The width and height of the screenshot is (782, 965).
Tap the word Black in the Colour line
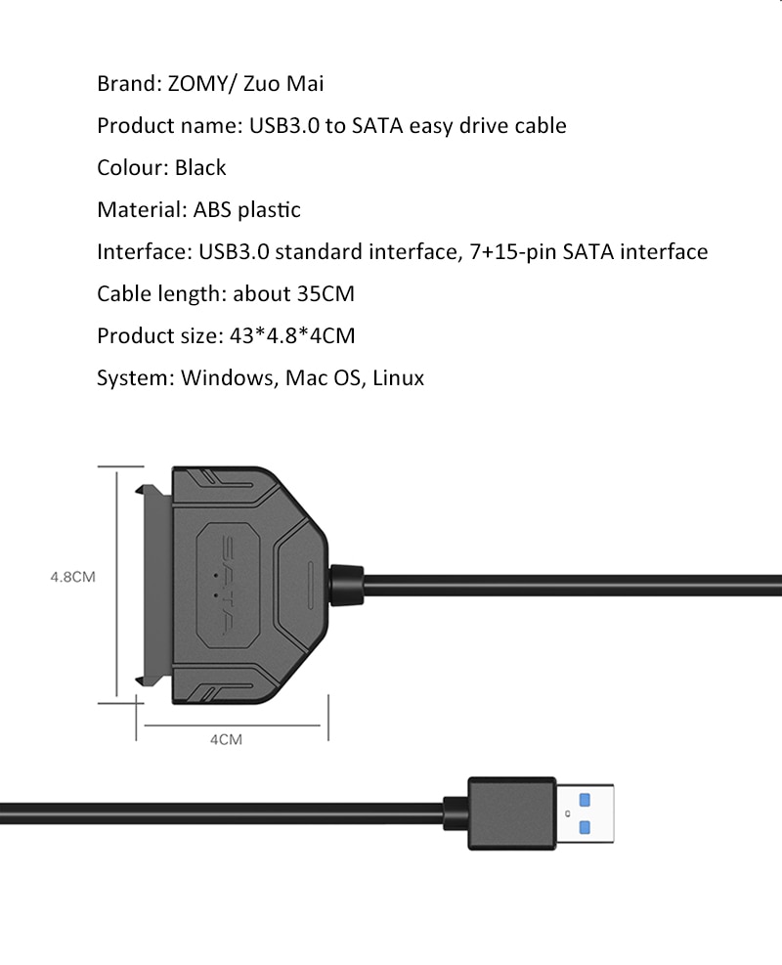[200, 167]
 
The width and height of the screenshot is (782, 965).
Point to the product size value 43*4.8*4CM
[289, 335]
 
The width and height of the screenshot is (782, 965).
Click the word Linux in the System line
[398, 377]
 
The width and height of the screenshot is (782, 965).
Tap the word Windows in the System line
[227, 377]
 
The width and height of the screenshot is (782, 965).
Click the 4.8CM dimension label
[72, 577]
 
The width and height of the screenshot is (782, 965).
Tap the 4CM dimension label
[226, 740]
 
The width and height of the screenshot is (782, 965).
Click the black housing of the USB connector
[511, 813]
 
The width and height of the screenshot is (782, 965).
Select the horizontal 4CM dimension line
[236, 724]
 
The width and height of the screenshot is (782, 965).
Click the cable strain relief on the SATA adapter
[347, 585]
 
